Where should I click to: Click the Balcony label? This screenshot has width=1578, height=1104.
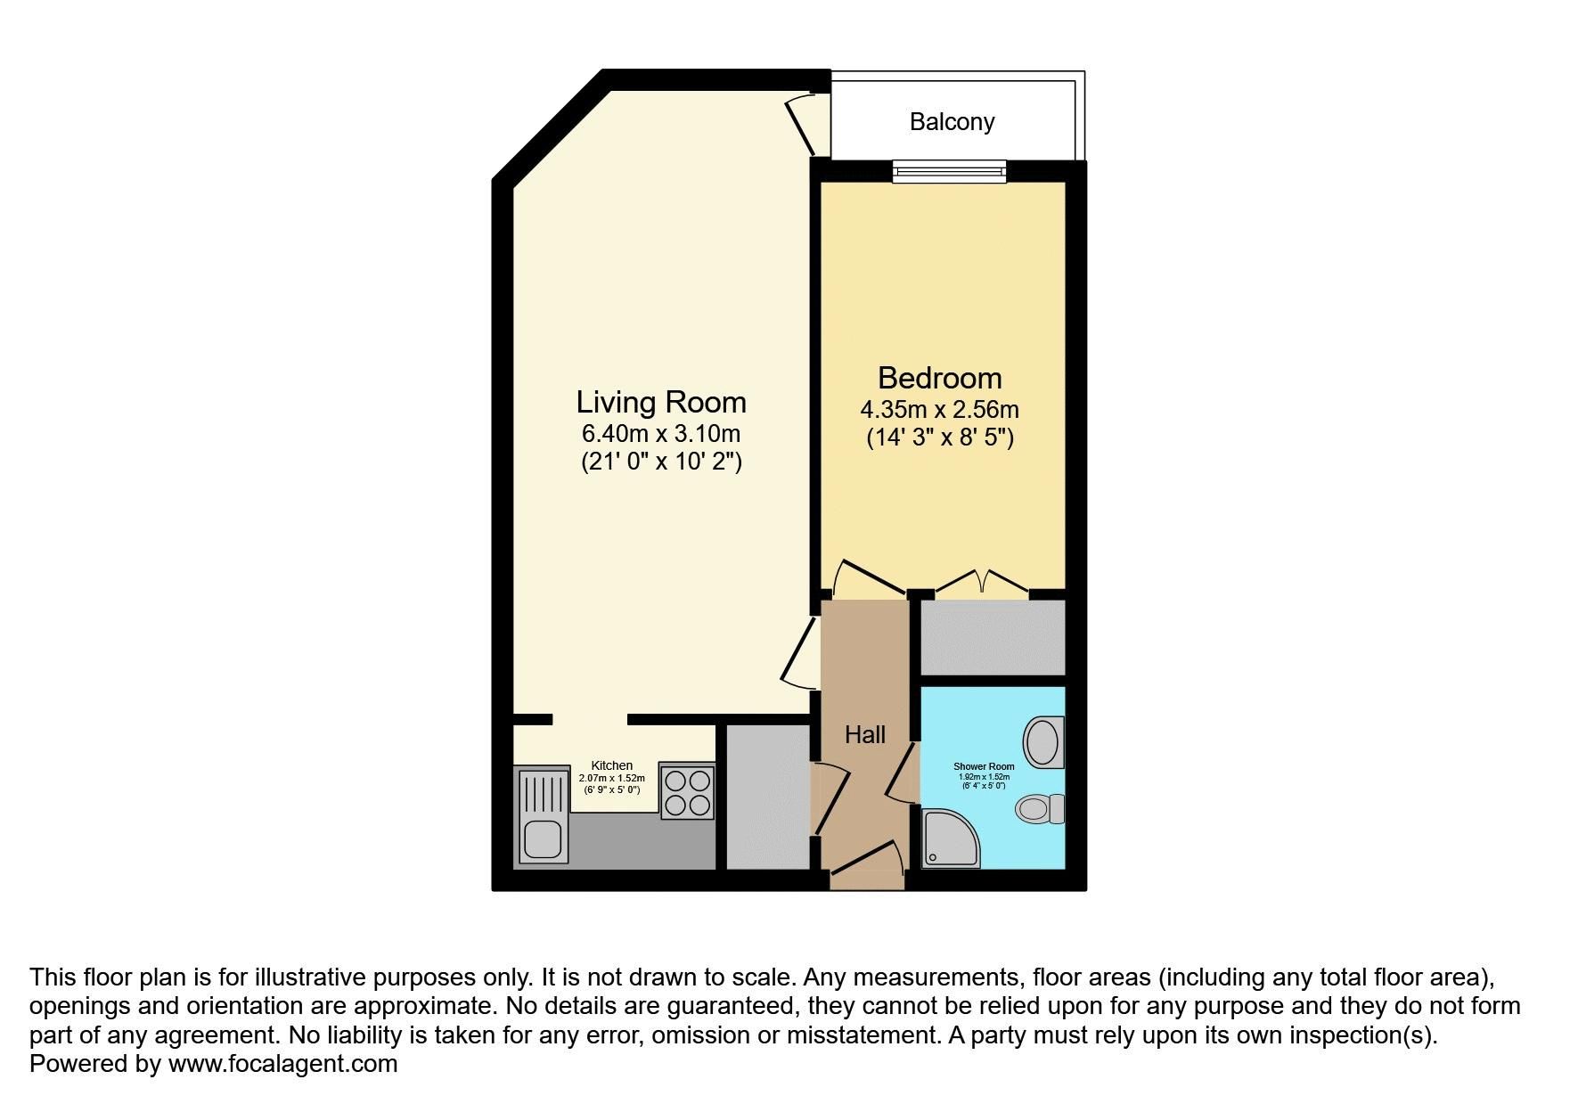952,122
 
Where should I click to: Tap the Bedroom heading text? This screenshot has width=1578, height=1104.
940,378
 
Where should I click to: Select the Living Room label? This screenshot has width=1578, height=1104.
661,402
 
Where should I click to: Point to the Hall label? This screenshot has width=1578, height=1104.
865,734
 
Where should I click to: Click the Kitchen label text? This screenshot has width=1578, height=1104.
612,765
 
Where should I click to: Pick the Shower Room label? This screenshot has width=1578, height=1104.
984,766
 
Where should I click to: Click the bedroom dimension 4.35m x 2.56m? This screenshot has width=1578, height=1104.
939,410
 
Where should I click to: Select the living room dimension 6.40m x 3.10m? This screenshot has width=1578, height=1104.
661,434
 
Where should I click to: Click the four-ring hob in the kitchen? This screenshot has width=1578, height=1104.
687,792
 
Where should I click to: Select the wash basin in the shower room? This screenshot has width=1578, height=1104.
1043,741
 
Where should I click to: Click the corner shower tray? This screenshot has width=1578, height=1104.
951,838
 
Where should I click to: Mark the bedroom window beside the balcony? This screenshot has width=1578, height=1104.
950,171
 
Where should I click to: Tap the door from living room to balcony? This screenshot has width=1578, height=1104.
805,123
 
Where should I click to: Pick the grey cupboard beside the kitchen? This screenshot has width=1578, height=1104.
767,797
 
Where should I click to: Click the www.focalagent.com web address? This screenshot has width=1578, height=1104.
282,1064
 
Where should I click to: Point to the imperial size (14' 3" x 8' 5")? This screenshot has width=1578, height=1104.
940,438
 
